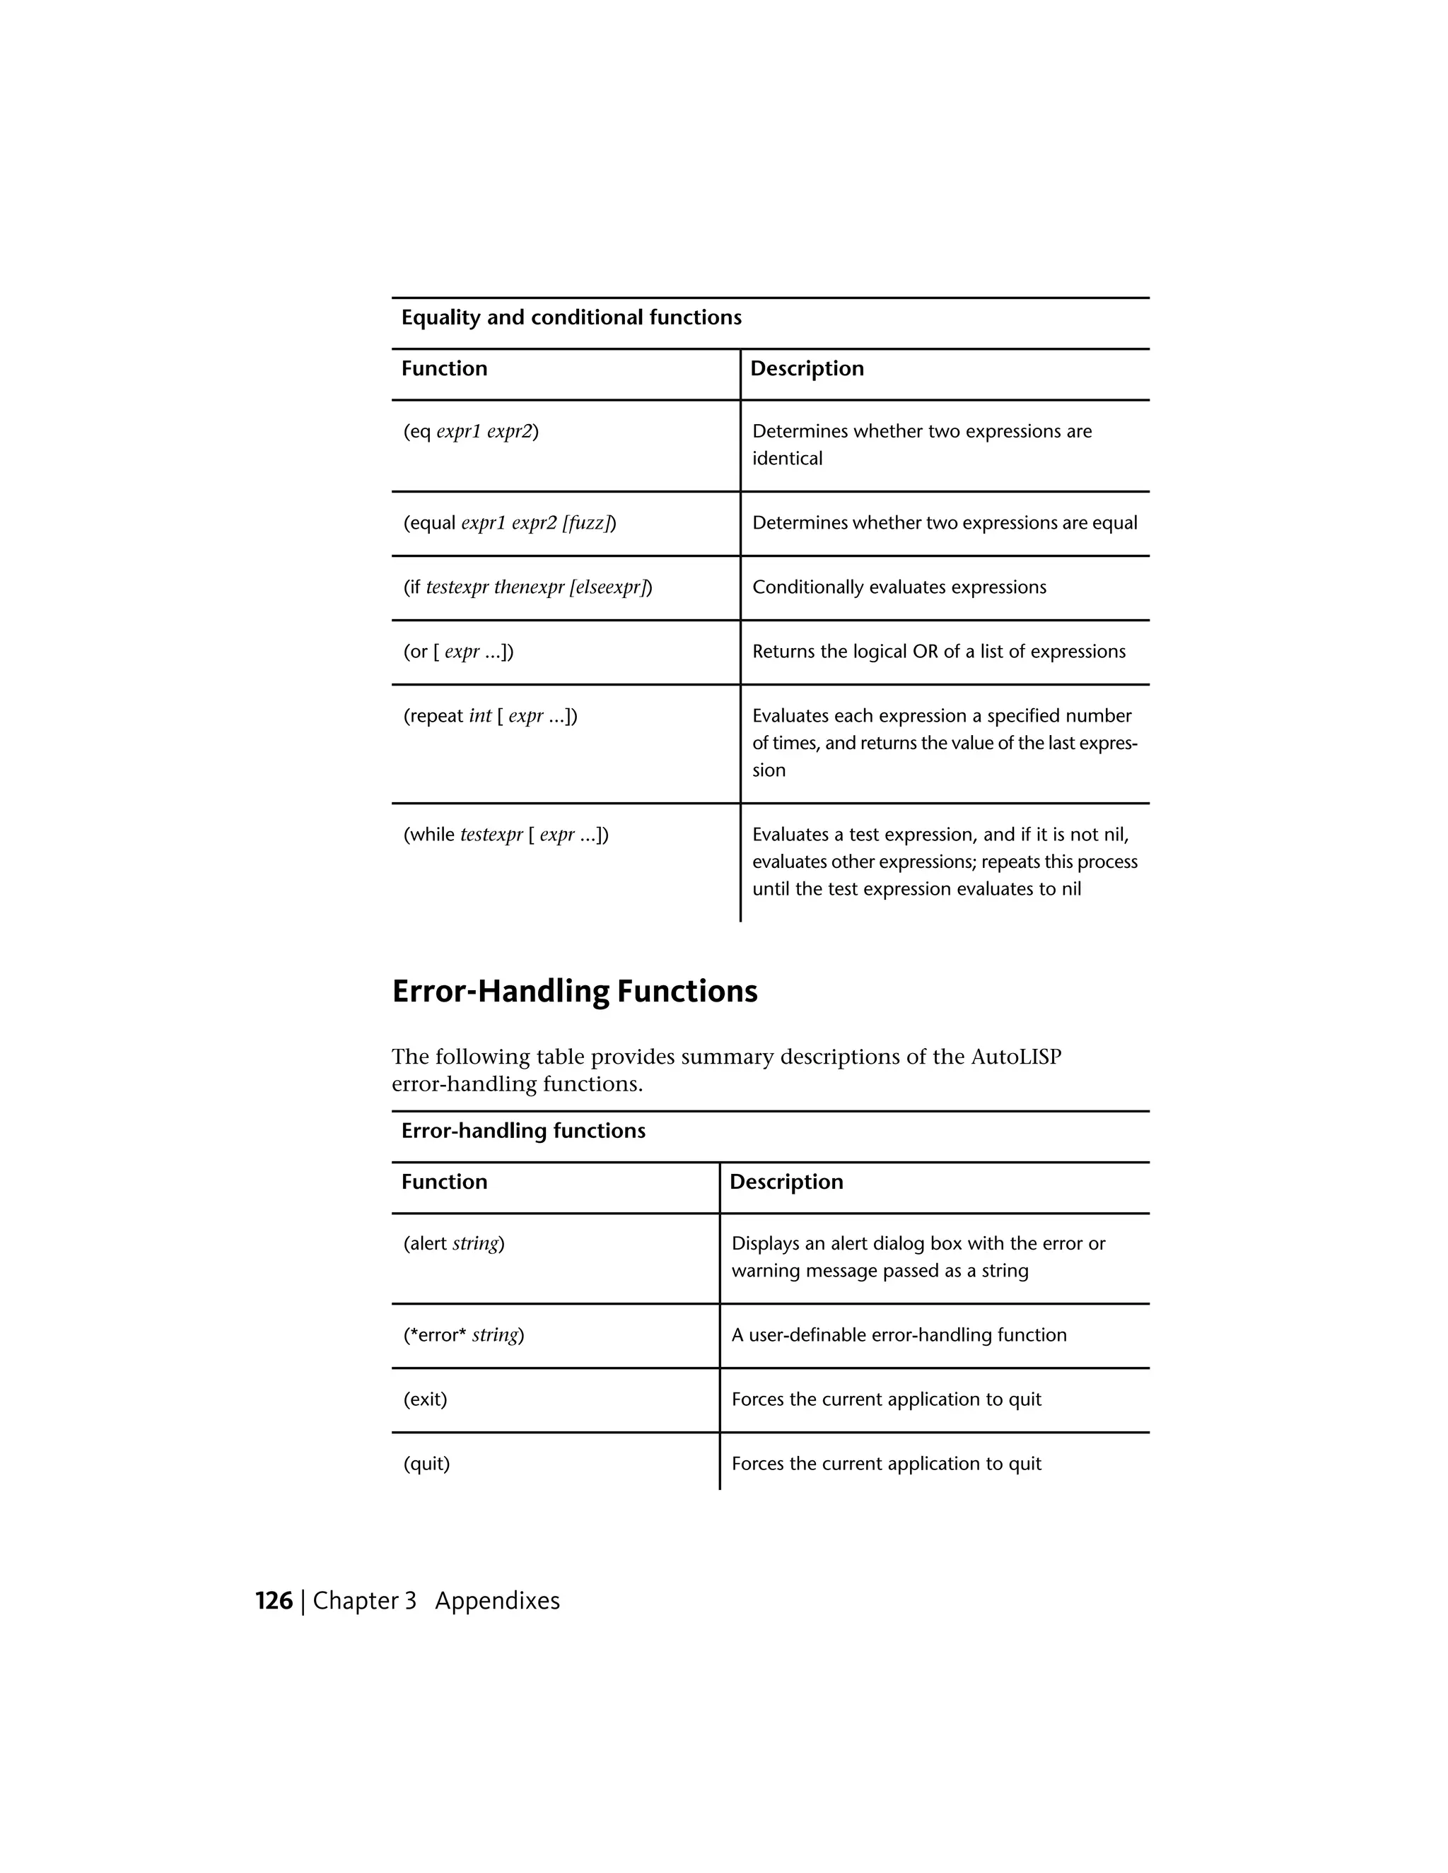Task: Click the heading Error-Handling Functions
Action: coord(574,992)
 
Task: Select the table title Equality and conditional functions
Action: coord(571,318)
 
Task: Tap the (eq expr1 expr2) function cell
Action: coord(471,431)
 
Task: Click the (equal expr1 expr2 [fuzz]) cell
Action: coord(510,523)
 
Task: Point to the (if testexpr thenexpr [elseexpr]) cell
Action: coord(527,587)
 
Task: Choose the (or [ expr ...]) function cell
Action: coord(458,652)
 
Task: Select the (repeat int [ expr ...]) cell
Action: coord(490,716)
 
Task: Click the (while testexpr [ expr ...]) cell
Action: coord(506,835)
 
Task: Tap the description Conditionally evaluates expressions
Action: coord(899,587)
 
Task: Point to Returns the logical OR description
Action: coord(938,652)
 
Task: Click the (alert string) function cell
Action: coord(454,1243)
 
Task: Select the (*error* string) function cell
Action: coord(463,1335)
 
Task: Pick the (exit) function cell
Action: coord(426,1399)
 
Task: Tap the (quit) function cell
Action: coord(426,1464)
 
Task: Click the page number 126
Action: coord(274,1601)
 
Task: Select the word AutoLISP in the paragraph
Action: coord(1016,1057)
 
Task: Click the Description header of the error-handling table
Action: coord(786,1182)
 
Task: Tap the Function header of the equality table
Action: coord(443,369)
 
